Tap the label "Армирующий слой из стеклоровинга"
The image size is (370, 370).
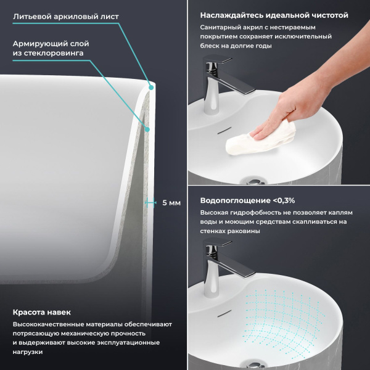[x=51, y=49]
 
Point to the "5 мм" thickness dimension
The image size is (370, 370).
[x=171, y=203]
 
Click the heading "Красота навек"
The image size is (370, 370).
[x=41, y=312]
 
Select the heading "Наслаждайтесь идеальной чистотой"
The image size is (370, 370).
[x=274, y=15]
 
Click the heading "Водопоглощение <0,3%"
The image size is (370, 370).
[x=247, y=200]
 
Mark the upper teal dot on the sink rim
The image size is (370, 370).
[x=151, y=89]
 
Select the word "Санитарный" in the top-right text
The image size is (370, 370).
[x=220, y=28]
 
